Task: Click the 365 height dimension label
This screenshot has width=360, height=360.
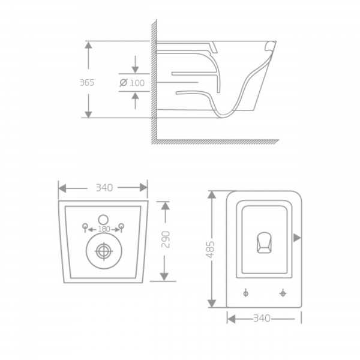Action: pyautogui.click(x=87, y=82)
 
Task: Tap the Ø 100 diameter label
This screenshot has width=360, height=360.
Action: pyautogui.click(x=132, y=83)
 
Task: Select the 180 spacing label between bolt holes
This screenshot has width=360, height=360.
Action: pyautogui.click(x=104, y=229)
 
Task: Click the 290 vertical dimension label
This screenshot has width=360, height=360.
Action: pyautogui.click(x=166, y=239)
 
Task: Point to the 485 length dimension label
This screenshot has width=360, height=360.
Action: pyautogui.click(x=211, y=250)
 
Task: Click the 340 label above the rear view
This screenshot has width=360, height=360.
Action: pyautogui.click(x=104, y=188)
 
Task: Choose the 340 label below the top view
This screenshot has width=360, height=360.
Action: pyautogui.click(x=262, y=318)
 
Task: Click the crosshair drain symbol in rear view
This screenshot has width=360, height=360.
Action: pyautogui.click(x=104, y=251)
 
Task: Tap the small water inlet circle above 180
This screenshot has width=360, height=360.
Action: pyautogui.click(x=103, y=220)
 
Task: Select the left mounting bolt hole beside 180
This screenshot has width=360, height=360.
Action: pyautogui.click(x=85, y=227)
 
